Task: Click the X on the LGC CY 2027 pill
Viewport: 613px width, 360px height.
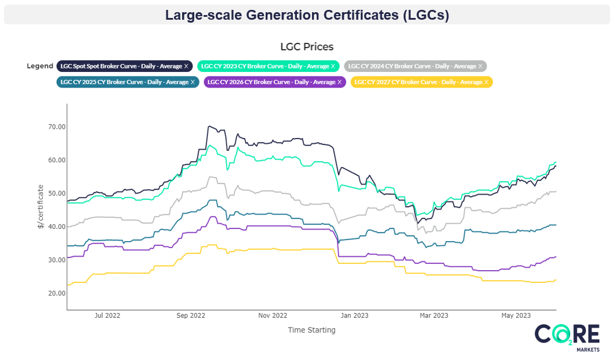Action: (x=486, y=82)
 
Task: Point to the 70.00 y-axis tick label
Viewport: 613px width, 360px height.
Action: (x=56, y=127)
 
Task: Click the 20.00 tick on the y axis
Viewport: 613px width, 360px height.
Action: (x=56, y=293)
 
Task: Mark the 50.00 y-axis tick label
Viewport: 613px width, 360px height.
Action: (x=56, y=194)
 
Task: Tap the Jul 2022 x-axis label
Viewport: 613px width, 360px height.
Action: (x=107, y=316)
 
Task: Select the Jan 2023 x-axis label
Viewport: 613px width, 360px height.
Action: (x=354, y=316)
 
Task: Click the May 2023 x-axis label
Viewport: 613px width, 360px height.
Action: (x=516, y=316)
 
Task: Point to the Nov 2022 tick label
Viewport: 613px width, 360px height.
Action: (x=273, y=316)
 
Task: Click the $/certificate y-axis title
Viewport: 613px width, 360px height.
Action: (x=41, y=207)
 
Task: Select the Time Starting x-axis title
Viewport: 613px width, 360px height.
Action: (x=311, y=330)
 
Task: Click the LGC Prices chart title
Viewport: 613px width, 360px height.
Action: (x=307, y=46)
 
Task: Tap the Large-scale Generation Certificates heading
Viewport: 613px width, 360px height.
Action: (x=307, y=15)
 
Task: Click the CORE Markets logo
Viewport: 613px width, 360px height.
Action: (x=567, y=338)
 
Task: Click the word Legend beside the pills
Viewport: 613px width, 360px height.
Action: (x=40, y=66)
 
